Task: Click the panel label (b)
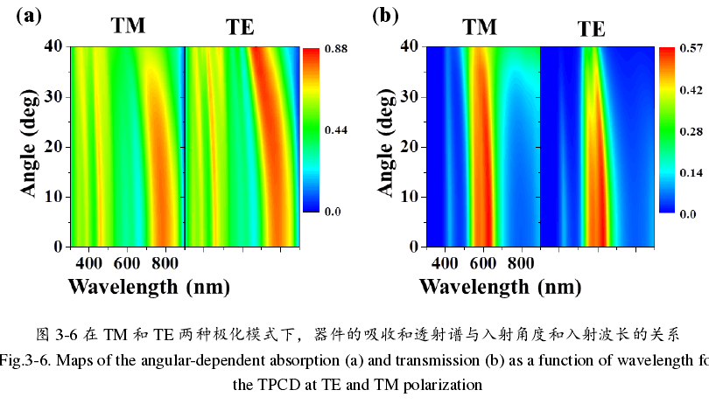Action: [x=386, y=15]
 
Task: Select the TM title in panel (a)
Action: [x=128, y=26]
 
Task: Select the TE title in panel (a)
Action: [x=240, y=27]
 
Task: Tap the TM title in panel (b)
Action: [x=480, y=27]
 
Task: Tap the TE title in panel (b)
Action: [x=591, y=29]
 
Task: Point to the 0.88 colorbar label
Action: [x=336, y=49]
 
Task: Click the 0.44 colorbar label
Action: [x=336, y=130]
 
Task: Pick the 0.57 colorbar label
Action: [x=692, y=49]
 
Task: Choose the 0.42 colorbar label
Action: [x=692, y=90]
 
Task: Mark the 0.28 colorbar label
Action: [x=692, y=132]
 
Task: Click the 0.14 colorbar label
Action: [x=692, y=173]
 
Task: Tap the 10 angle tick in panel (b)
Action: [x=407, y=196]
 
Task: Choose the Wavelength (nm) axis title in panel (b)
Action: [x=499, y=286]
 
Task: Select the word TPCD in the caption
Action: [x=273, y=384]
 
